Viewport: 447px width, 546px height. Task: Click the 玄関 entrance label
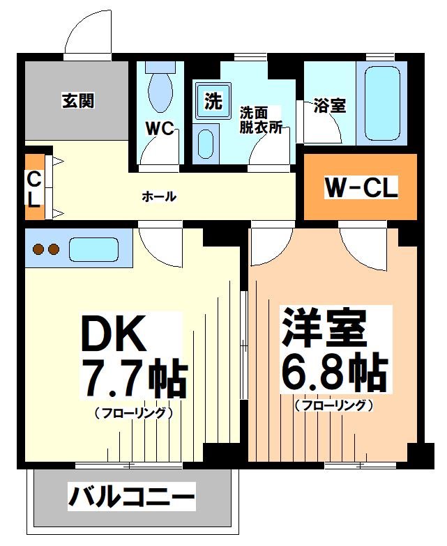(x=77, y=102)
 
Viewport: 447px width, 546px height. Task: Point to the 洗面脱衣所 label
(x=260, y=119)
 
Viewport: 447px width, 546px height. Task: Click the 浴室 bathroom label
(x=329, y=107)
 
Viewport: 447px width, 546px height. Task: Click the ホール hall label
(x=159, y=197)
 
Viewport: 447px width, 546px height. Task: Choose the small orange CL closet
(x=33, y=189)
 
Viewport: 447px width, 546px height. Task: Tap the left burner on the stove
(x=39, y=249)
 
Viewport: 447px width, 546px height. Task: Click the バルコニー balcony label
(x=131, y=497)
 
